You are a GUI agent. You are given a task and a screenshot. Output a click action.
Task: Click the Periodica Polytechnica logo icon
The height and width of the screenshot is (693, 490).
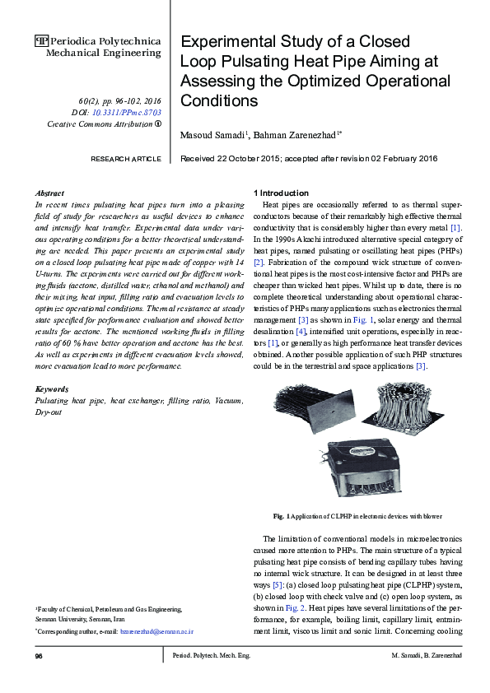tap(42, 40)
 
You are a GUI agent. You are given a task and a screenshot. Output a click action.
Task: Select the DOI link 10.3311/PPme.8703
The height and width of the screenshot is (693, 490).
tap(128, 111)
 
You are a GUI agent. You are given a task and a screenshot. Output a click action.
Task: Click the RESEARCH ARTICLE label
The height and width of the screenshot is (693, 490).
tap(125, 158)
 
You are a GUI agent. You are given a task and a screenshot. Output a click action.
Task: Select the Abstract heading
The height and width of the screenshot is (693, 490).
tap(51, 192)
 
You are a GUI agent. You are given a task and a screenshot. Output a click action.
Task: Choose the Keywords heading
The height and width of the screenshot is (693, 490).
tap(52, 388)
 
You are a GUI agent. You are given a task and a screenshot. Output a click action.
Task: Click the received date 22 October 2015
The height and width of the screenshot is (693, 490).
tap(240, 158)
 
